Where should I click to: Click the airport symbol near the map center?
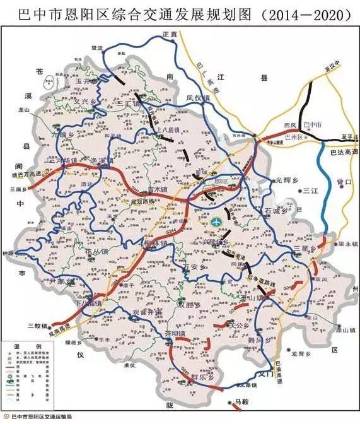[x=216, y=222]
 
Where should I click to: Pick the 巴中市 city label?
[x=312, y=124]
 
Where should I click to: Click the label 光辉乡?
[x=285, y=180]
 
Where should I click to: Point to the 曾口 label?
[x=344, y=182]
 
